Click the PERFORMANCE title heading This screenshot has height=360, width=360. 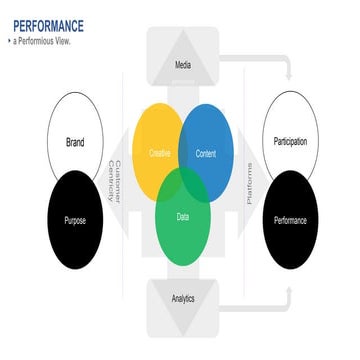tap(47, 25)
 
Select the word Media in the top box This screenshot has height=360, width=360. tap(182, 67)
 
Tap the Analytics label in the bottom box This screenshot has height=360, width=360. tap(182, 298)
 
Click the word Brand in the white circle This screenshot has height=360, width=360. tap(74, 141)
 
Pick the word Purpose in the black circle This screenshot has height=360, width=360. tap(74, 218)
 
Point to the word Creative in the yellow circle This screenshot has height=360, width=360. tap(160, 153)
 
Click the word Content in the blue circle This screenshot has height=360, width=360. tap(205, 153)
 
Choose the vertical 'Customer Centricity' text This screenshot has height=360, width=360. tap(118, 181)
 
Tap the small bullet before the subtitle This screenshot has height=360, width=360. tap(9, 41)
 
